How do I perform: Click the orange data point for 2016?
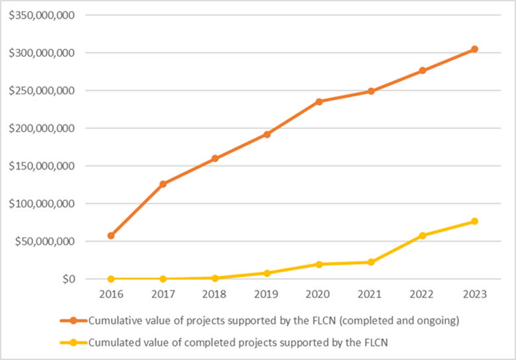pos(111,236)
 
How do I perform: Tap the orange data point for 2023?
pos(474,49)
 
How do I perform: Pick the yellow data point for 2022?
pos(423,236)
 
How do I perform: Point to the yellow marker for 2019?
pos(267,273)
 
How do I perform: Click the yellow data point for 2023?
pos(474,221)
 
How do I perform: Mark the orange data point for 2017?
pos(163,184)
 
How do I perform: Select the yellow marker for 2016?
pos(111,279)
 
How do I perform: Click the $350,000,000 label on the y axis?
pos(41,15)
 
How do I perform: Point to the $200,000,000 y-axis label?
pos(41,128)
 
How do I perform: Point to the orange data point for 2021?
pos(370,91)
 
